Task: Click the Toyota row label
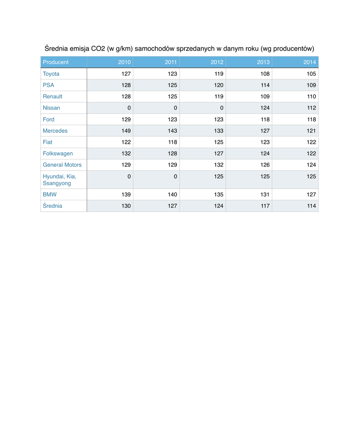51,74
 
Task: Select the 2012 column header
217,62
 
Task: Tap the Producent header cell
55,62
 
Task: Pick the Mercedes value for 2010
125,131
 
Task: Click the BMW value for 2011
171,195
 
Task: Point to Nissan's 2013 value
265,108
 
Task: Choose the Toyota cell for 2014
311,74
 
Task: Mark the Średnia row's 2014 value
311,206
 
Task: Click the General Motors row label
62,165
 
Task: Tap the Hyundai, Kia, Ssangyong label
59,180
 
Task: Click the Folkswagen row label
58,153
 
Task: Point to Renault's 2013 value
265,97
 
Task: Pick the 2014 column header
309,62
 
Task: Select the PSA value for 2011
171,85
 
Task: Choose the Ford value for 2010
125,119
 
